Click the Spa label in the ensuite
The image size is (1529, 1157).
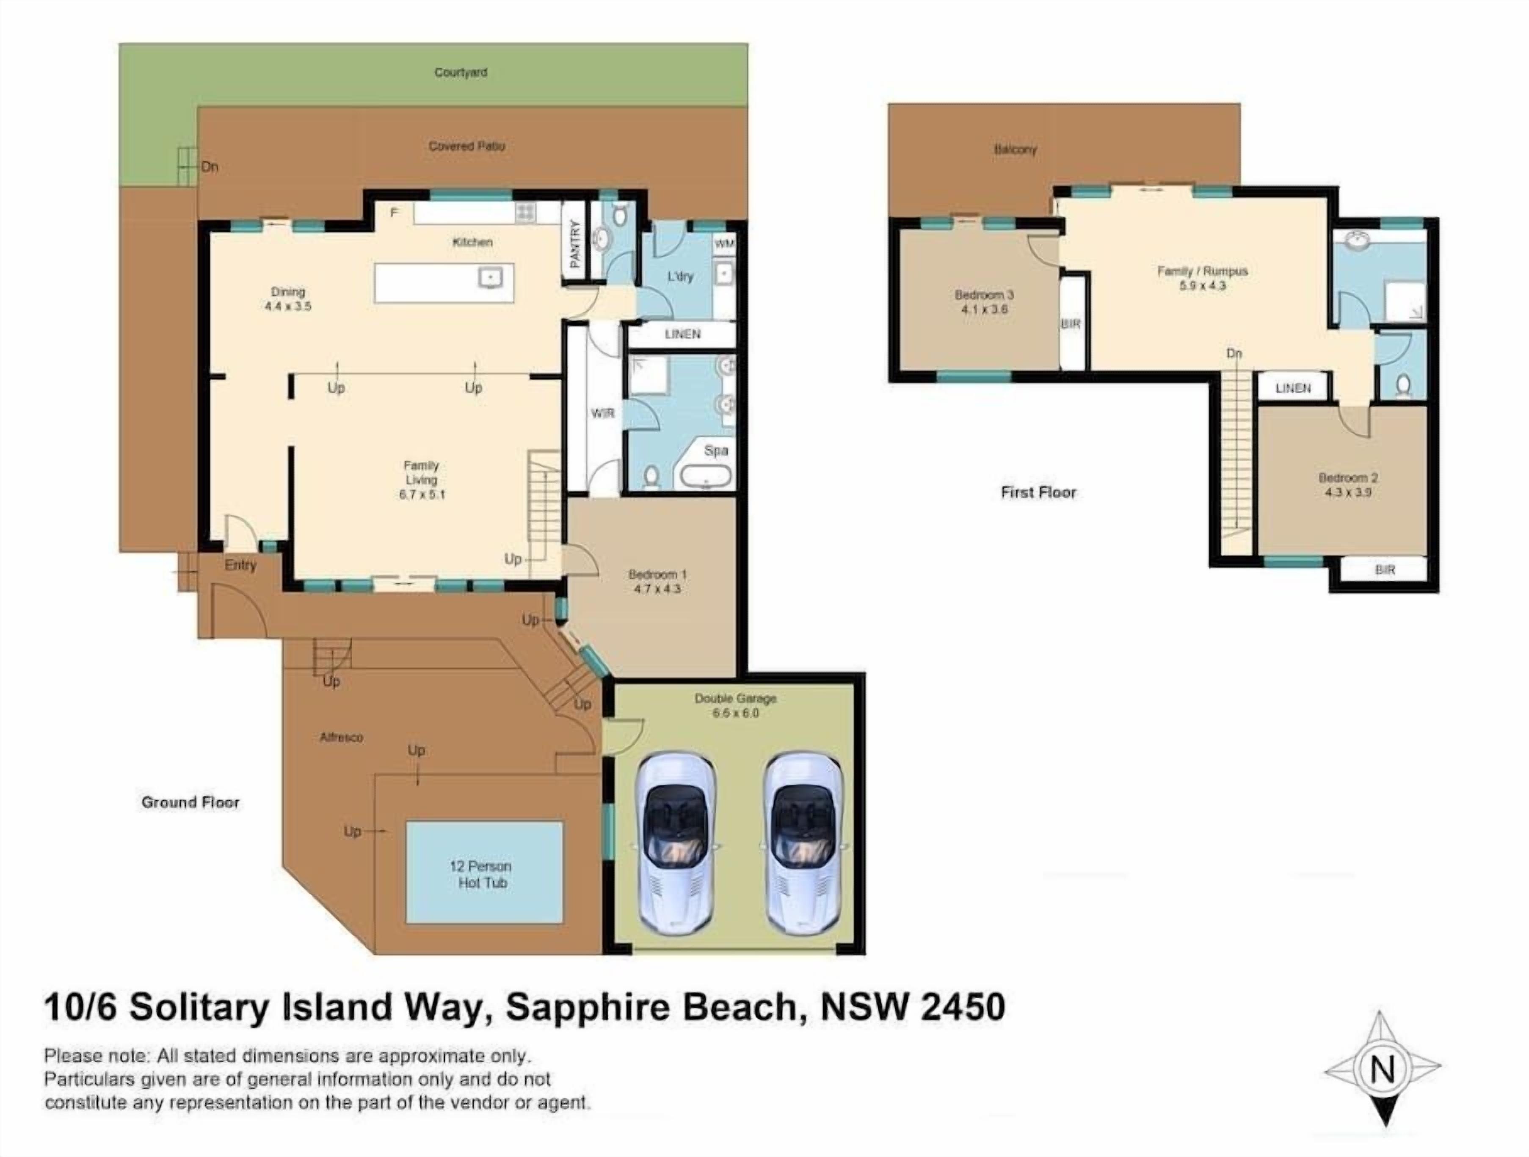tap(716, 450)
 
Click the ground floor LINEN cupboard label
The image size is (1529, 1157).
tap(682, 334)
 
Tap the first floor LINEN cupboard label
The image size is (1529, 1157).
tap(1293, 388)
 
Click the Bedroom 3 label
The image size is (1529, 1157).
tap(984, 295)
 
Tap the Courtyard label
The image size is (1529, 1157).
tap(461, 72)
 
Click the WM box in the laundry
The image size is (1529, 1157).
tap(724, 244)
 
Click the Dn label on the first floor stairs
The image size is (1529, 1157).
tap(1234, 353)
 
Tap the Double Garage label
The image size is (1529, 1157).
tap(735, 698)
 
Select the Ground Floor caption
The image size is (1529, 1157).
tap(190, 802)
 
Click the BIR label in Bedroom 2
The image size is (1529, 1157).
tap(1385, 570)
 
